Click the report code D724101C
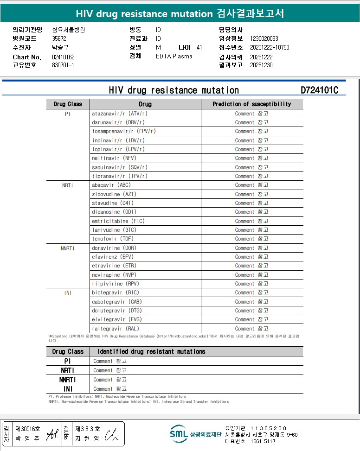(319, 90)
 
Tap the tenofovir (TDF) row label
(113, 239)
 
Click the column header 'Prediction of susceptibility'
(251, 104)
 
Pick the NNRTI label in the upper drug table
(67, 248)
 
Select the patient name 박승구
(60, 48)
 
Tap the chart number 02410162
(64, 57)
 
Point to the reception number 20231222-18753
(270, 48)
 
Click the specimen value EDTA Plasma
(174, 57)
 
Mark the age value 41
(199, 48)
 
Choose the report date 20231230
(261, 65)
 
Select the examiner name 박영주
(28, 438)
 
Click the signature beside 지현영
(112, 435)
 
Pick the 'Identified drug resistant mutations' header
(151, 352)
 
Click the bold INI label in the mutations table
(68, 389)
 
